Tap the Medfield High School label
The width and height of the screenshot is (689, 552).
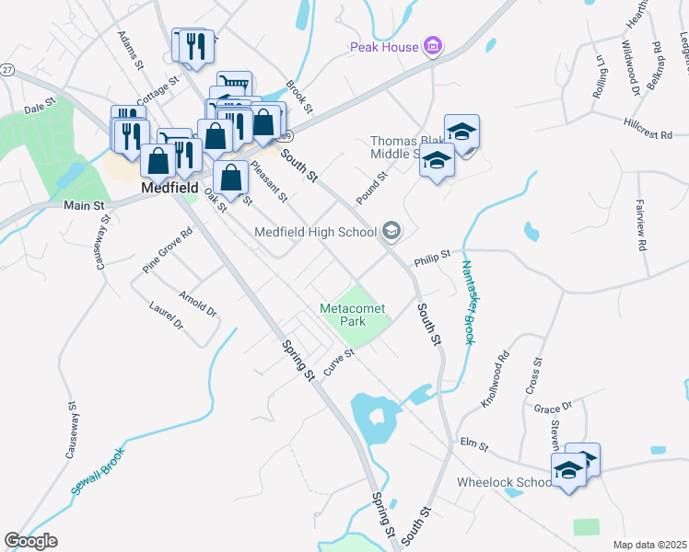coord(315,231)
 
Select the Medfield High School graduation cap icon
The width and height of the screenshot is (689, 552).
coord(391,231)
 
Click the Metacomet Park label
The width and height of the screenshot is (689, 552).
coord(352,315)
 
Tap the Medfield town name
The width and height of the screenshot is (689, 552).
coord(170,187)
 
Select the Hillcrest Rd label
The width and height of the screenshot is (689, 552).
coord(648,128)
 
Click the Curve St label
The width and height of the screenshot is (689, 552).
coord(338,357)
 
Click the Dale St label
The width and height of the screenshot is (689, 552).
coord(41,108)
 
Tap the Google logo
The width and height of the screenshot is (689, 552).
coord(31,541)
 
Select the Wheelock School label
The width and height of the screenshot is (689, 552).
coord(504,482)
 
